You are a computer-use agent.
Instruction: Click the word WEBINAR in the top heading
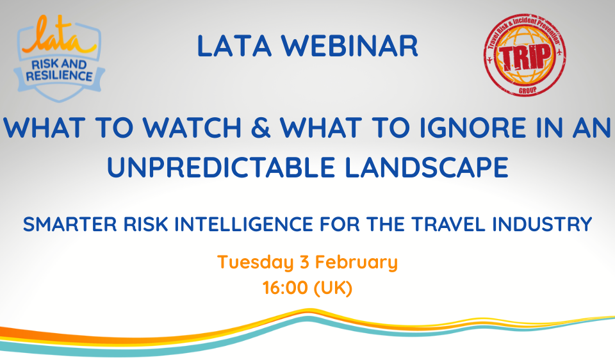click(x=350, y=46)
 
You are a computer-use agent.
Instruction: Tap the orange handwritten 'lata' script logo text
click(x=59, y=37)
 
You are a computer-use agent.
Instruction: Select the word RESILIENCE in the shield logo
click(x=59, y=76)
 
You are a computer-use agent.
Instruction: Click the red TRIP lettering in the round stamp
click(x=525, y=57)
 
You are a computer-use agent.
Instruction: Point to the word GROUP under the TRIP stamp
click(x=527, y=90)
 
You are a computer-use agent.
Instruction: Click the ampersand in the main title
click(x=260, y=128)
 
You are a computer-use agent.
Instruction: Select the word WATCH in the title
click(x=192, y=128)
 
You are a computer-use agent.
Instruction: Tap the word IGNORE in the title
click(x=473, y=128)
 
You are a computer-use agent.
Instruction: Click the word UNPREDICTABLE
click(x=221, y=167)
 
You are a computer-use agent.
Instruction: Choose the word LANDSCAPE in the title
click(x=427, y=167)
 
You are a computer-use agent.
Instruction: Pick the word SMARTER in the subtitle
click(x=70, y=224)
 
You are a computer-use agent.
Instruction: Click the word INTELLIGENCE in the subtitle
click(x=243, y=224)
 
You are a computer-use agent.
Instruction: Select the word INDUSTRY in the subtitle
click(x=542, y=224)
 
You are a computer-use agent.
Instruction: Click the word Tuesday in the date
click(x=256, y=263)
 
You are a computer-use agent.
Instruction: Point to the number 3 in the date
click(x=305, y=262)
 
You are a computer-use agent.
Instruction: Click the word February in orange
click(x=357, y=263)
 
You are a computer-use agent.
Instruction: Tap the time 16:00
click(x=285, y=288)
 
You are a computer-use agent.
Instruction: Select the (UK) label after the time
click(x=333, y=288)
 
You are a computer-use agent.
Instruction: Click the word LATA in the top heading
click(x=234, y=46)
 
